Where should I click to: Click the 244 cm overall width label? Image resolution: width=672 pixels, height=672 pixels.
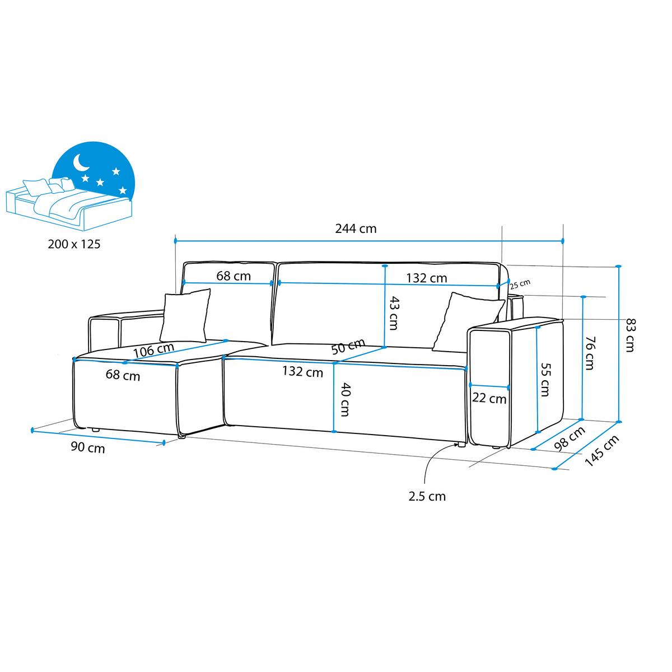tap(356, 229)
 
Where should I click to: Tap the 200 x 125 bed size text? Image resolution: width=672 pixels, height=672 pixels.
tap(74, 244)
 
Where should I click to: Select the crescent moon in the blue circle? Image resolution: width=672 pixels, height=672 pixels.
tap(81, 162)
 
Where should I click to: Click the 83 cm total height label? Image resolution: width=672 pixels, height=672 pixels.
tap(629, 335)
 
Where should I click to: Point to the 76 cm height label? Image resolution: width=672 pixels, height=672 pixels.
tap(590, 353)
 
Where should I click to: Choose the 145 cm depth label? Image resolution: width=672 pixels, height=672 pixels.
tap(602, 451)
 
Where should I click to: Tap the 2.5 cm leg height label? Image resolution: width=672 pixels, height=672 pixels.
tap(427, 496)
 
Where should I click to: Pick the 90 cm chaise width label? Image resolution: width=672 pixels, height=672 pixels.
tap(88, 447)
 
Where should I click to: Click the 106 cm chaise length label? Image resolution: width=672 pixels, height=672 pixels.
tap(154, 350)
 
